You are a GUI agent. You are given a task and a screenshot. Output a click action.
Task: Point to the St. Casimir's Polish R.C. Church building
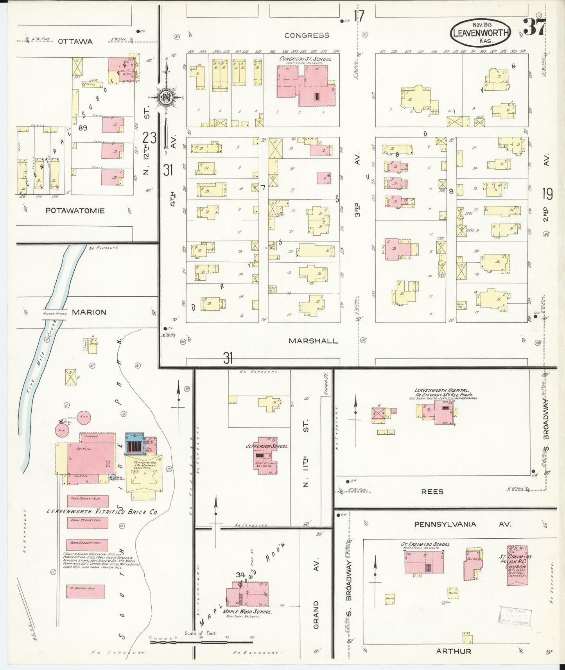coord(517,565)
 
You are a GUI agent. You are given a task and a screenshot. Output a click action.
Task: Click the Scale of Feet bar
coord(201,641)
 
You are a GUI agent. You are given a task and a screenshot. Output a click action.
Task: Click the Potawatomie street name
coord(75,211)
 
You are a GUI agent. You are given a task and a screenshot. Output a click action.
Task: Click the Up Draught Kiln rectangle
coord(85,591)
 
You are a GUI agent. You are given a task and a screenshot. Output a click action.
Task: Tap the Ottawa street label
coord(75,41)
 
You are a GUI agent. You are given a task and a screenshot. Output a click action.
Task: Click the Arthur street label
coord(453,651)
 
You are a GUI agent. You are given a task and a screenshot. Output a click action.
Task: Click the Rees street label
coord(432,492)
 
